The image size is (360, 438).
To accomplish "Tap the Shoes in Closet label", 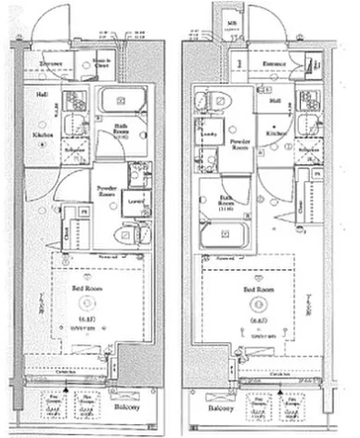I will (x=103, y=64).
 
